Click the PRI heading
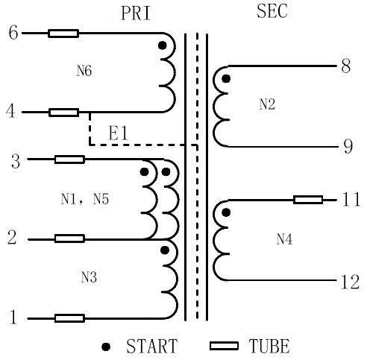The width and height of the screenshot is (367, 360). click(x=136, y=13)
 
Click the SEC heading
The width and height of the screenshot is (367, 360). click(x=272, y=11)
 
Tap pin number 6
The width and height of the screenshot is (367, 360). click(x=13, y=33)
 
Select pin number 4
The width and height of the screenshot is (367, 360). click(x=10, y=111)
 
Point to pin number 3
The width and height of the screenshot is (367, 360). click(x=16, y=161)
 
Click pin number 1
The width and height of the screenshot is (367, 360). click(x=13, y=317)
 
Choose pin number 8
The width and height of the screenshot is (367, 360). click(x=346, y=66)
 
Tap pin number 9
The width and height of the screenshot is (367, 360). click(x=348, y=146)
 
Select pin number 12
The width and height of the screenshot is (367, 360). click(x=351, y=282)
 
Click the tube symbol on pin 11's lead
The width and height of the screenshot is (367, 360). click(x=308, y=200)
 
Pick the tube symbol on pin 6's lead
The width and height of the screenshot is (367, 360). click(x=63, y=34)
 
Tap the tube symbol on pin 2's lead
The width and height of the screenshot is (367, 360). click(x=69, y=239)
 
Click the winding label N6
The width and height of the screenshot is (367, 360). click(x=84, y=71)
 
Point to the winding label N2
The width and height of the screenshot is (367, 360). click(x=267, y=104)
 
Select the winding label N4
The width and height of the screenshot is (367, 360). click(x=284, y=239)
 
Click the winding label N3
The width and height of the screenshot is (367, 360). click(x=89, y=277)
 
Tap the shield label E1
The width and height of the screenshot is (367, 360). click(x=119, y=133)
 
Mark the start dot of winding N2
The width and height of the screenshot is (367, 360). click(x=226, y=79)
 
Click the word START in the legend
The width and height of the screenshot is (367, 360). click(x=152, y=346)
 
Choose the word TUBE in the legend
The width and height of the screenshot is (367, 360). click(x=269, y=346)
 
